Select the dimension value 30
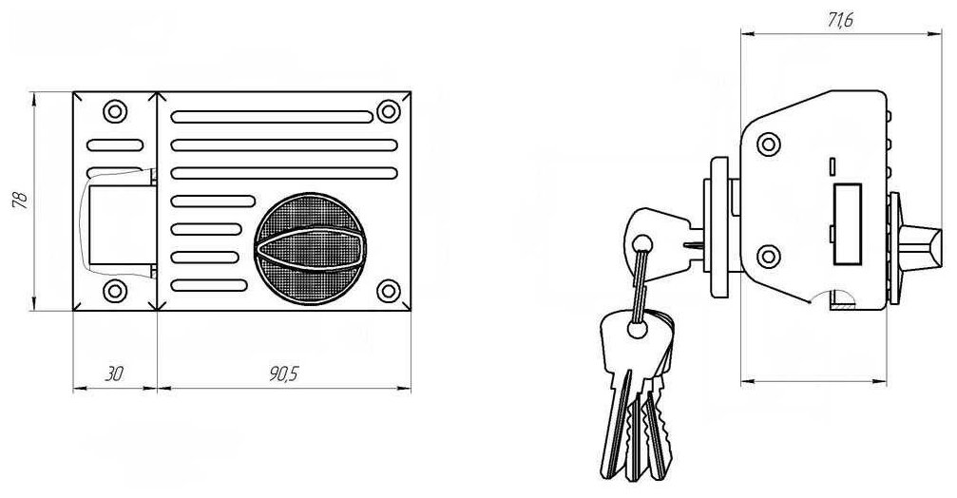tap(114, 373)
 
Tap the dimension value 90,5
tap(282, 373)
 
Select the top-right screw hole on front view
tap(387, 111)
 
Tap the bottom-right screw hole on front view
tap(387, 290)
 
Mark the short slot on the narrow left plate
tap(114, 146)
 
